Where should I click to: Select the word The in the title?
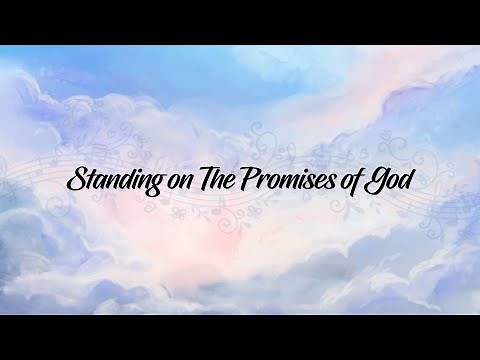point(222,181)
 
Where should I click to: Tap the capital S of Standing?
point(76,181)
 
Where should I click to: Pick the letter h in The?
point(225,180)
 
